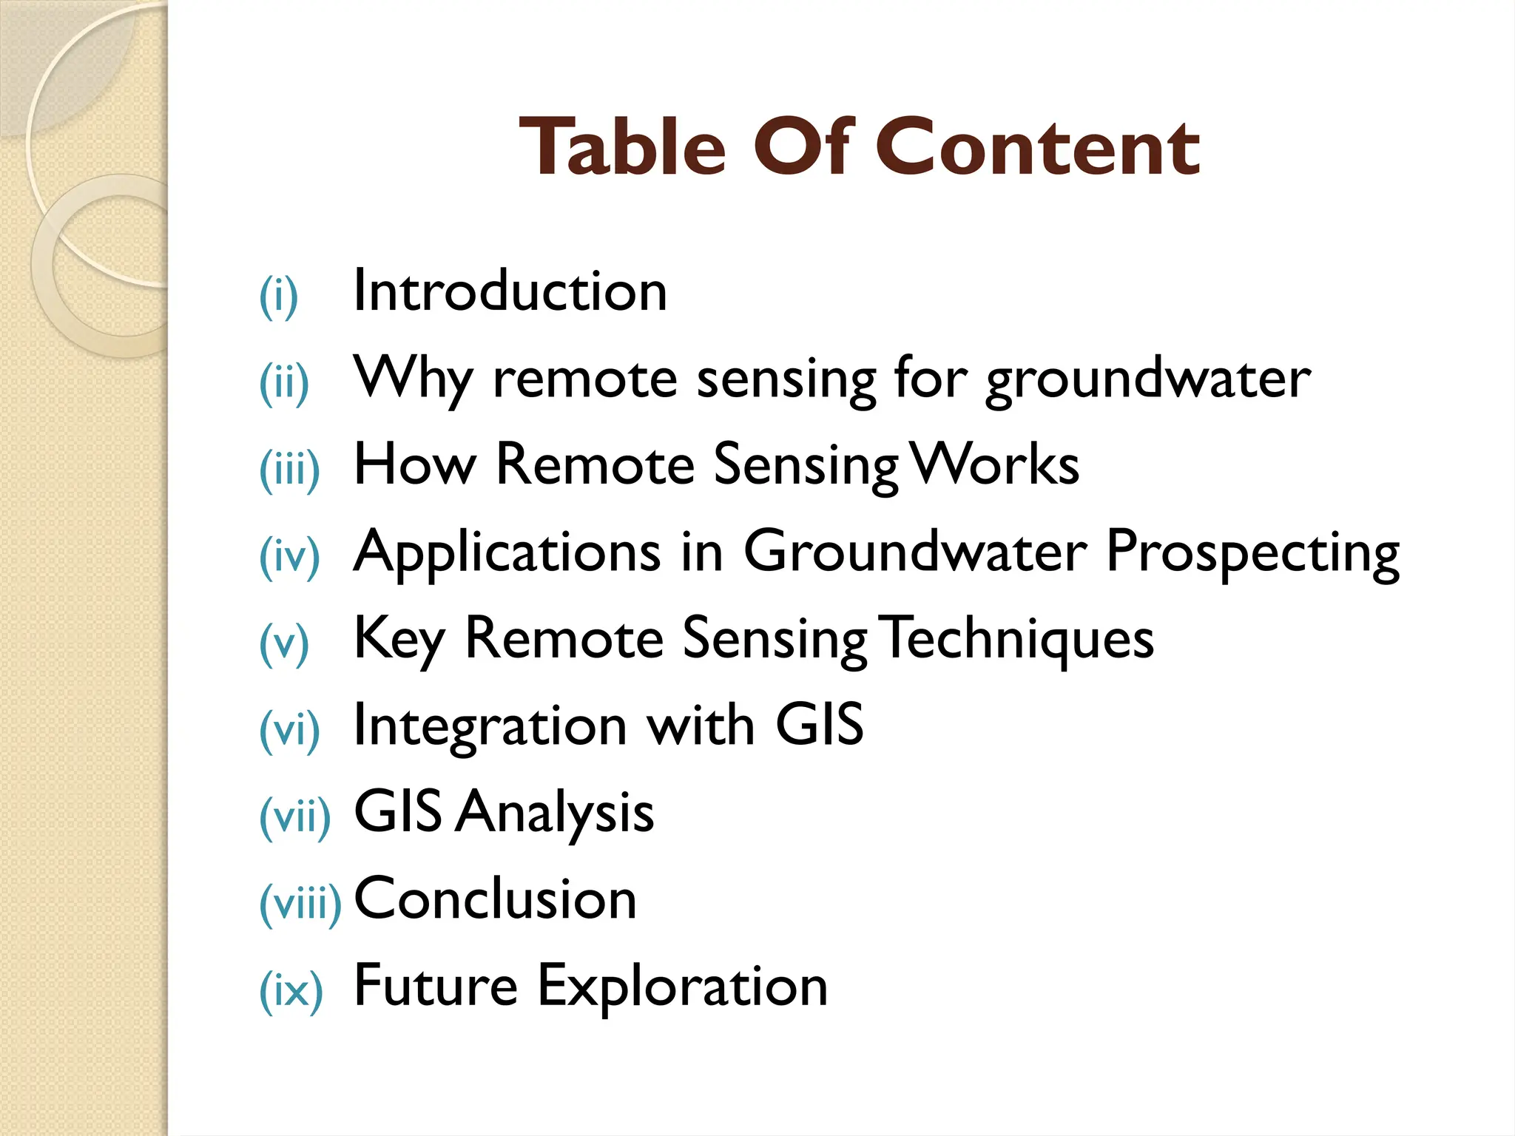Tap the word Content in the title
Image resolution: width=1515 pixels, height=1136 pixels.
[x=1039, y=148]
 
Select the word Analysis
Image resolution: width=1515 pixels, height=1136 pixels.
[x=555, y=812]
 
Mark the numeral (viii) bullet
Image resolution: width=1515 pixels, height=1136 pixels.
[x=300, y=904]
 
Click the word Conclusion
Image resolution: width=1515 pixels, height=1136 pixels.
[x=495, y=899]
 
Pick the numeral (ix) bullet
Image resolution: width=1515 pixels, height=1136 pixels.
[x=291, y=991]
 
